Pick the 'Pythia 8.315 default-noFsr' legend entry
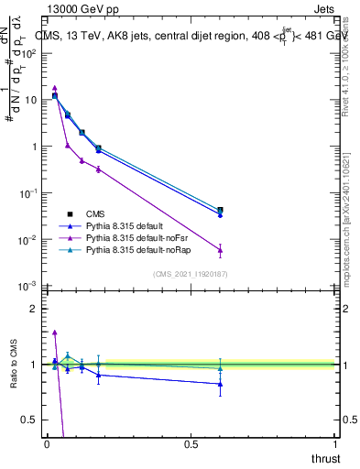coord(143,236)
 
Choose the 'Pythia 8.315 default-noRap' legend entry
coord(144,249)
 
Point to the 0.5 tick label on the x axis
coord(191,444)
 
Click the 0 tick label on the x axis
coord(46,444)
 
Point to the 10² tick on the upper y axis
coord(30,53)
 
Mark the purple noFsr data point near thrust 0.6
coord(220,250)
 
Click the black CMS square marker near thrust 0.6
coord(220,210)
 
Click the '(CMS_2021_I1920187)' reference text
coord(190,275)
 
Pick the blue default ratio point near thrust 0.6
coord(220,384)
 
